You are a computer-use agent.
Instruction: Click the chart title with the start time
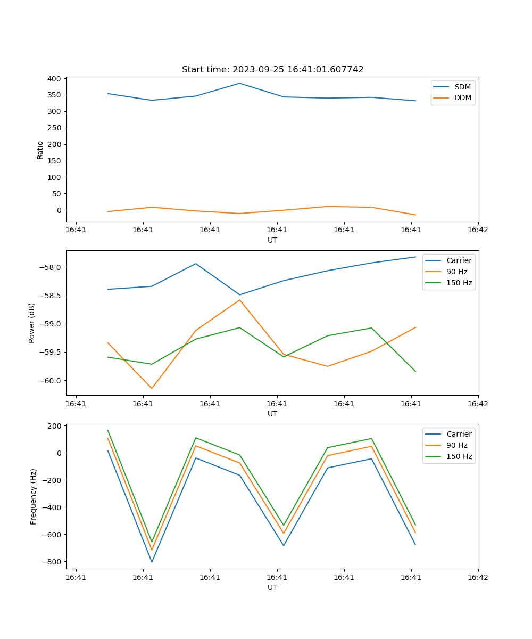272,70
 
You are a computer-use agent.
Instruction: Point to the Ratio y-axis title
40,150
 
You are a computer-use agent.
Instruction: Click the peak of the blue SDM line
239,83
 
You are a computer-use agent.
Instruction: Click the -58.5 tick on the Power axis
50,296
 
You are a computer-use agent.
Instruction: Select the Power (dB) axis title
32,323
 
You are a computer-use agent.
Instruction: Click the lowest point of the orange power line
152,388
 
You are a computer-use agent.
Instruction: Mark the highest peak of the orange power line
239,300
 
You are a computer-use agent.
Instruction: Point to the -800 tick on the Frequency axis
52,562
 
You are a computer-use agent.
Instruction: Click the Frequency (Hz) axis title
34,496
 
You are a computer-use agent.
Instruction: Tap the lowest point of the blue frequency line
152,562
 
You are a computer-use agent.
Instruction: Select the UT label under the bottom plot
272,587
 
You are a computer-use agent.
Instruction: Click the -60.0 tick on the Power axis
50,381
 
